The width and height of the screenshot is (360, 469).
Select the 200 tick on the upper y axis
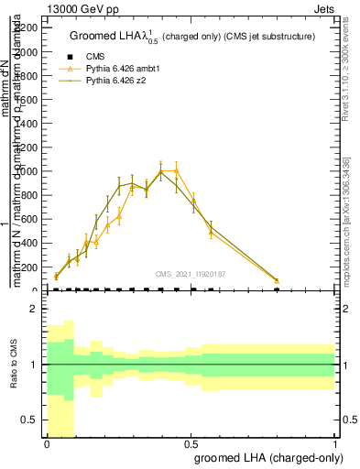[29, 267]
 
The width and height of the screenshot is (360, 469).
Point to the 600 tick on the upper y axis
[29, 219]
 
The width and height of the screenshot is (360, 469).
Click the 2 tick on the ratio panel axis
[33, 309]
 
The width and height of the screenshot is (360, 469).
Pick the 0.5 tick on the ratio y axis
[29, 420]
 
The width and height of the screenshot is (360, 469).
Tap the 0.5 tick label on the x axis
[191, 442]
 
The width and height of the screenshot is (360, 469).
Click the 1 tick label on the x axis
[336, 442]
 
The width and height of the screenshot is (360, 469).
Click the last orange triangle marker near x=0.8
[278, 280]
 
